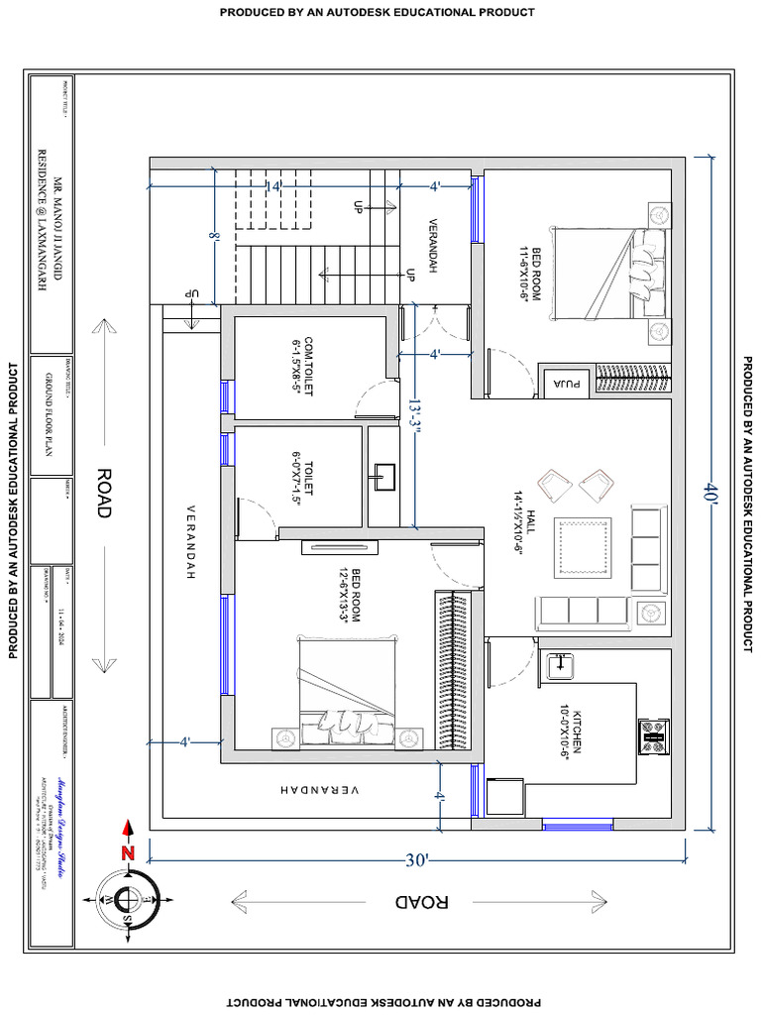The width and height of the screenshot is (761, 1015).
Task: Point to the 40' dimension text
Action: coord(710,495)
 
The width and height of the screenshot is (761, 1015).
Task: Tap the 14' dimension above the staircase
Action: coord(273,185)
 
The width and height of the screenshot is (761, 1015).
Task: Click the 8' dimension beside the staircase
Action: coord(213,238)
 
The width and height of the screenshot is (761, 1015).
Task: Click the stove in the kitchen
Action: coord(653,733)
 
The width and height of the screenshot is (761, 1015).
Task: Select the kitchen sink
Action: coord(562,665)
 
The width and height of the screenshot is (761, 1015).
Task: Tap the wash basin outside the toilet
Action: coord(382,477)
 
